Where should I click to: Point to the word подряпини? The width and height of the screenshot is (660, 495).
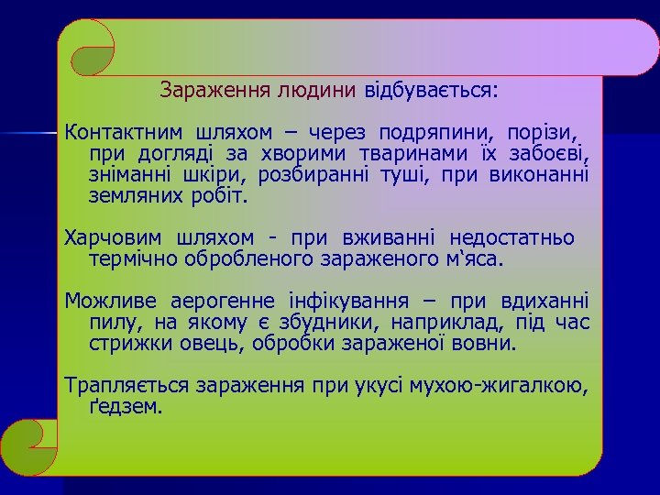pos(423,130)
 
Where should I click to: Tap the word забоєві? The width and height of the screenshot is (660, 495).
pos(549,152)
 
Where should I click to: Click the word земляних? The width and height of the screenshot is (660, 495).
pos(129,195)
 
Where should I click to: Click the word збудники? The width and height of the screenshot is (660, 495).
pos(329,323)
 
